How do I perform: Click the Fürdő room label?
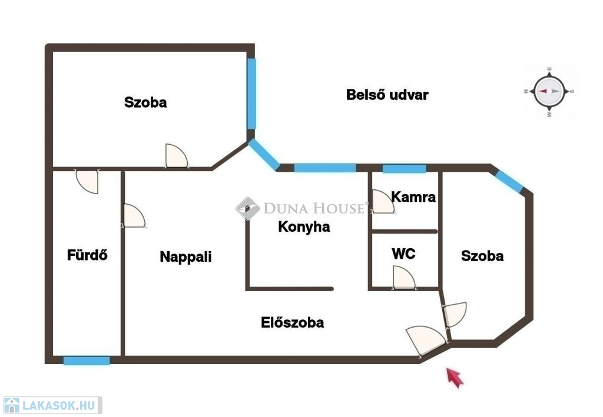87,255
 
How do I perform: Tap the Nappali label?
185,257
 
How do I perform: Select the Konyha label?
304,227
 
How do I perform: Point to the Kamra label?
413,197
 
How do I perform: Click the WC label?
403,254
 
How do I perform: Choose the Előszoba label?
292,322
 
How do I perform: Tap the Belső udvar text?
387,95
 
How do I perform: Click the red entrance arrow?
455,378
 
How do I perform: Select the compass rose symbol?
549,91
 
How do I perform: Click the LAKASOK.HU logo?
52,405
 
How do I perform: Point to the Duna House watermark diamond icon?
247,208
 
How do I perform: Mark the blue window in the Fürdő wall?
87,361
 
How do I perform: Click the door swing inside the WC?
404,278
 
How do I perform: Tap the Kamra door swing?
383,202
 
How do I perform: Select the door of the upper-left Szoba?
177,156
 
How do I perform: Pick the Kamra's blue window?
404,169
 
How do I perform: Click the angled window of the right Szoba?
509,181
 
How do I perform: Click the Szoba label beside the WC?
482,256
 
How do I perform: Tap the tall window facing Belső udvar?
251,94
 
